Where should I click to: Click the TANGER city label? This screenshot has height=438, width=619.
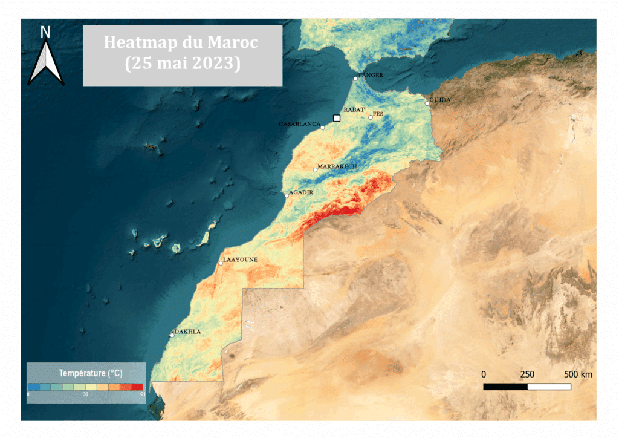371,76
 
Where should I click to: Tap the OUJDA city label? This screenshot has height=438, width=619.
439,100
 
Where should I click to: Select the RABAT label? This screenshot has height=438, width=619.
354,110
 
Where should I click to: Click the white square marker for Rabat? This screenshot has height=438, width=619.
337,119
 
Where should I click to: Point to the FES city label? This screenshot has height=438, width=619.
378,114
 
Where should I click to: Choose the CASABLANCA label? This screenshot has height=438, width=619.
299,124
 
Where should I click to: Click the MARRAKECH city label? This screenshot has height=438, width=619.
337,166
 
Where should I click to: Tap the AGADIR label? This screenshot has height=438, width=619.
301,192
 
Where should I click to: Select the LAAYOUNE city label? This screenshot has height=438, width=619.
241,260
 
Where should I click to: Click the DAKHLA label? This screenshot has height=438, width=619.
187,332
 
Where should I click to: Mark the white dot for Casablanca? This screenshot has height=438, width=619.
323,128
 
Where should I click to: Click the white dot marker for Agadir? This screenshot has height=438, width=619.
287,195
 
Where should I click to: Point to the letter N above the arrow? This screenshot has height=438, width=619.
45,32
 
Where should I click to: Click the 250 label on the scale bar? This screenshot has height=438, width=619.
527,374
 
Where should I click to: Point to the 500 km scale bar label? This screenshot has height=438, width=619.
578,374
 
